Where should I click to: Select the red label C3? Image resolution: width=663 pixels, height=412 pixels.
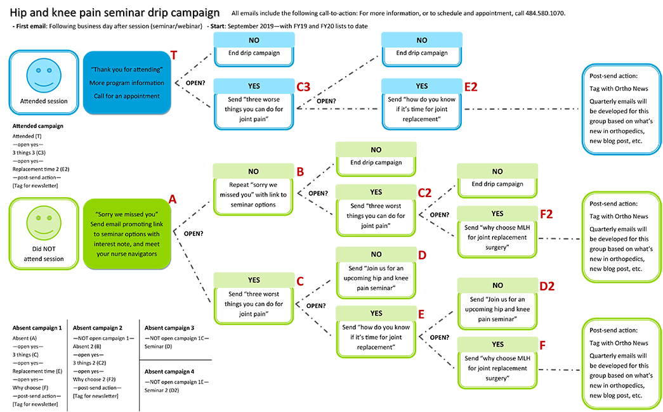pyautogui.click(x=305, y=87)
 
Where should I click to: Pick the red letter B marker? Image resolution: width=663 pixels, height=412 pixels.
pyautogui.click(x=301, y=171)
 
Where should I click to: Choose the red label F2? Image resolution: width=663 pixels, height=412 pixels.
pyautogui.click(x=546, y=214)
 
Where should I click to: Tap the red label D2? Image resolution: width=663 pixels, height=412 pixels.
pyautogui.click(x=547, y=286)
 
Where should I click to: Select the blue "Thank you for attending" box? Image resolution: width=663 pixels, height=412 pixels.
pyautogui.click(x=127, y=82)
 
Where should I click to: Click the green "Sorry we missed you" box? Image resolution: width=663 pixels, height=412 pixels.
pyautogui.click(x=127, y=233)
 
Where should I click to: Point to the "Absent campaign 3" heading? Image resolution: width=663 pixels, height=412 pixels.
pyautogui.click(x=169, y=328)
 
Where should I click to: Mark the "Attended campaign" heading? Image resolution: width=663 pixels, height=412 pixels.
pyautogui.click(x=38, y=126)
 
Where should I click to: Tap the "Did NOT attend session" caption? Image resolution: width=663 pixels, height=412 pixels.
pyautogui.click(x=44, y=254)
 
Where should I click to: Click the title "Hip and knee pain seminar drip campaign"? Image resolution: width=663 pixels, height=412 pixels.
pyautogui.click(x=115, y=13)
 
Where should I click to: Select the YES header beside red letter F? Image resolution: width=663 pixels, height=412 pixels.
pyautogui.click(x=497, y=344)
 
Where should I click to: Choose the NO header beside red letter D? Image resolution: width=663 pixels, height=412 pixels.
pyautogui.click(x=376, y=254)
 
